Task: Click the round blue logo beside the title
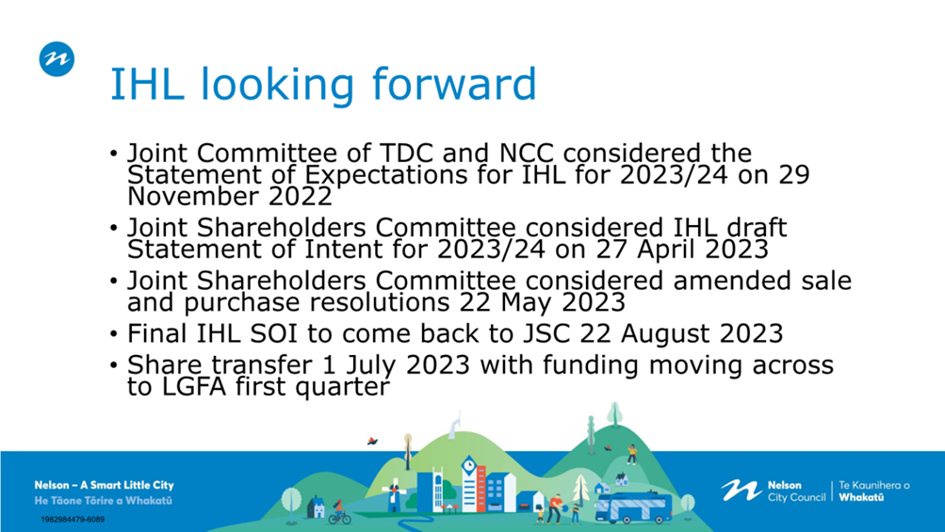coord(57,59)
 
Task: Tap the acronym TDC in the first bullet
coord(405,153)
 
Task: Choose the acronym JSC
coord(545,333)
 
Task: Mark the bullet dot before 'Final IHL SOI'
coord(114,333)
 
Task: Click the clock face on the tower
coord(469,465)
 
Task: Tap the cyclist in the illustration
coord(339,513)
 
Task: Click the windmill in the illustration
coord(394,494)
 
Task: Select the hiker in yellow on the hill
coord(631,454)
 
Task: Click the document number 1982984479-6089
coord(73,520)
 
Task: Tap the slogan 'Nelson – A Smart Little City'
coord(104,485)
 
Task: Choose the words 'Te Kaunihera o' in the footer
coord(874,485)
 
